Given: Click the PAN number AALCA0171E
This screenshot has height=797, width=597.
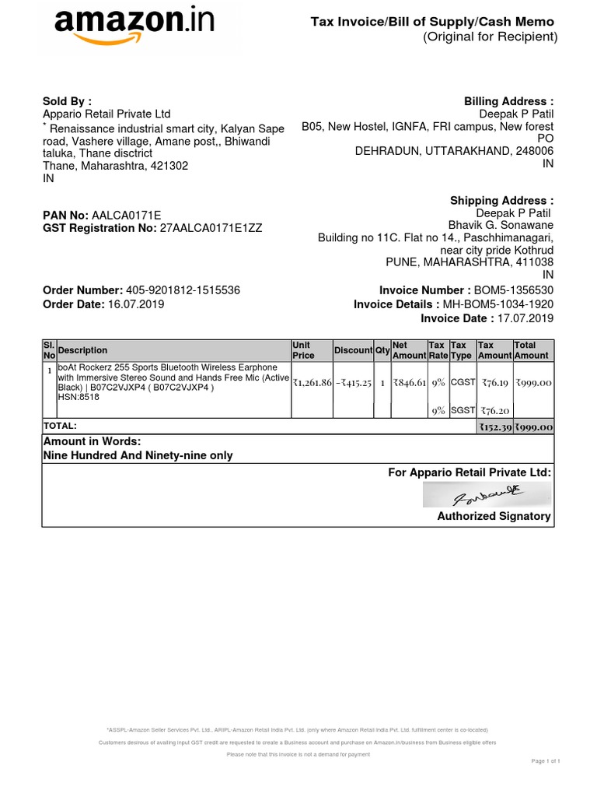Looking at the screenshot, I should click(127, 215).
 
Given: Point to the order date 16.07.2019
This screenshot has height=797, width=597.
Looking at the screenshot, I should click(136, 304).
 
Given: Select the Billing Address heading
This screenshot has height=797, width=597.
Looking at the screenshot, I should click(508, 101).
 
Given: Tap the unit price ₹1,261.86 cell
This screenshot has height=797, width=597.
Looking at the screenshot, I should click(312, 383).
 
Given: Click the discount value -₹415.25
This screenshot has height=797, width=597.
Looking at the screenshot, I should click(354, 383).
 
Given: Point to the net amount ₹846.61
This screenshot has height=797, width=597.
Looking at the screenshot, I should click(410, 383).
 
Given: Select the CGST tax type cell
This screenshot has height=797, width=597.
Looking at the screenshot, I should click(462, 382).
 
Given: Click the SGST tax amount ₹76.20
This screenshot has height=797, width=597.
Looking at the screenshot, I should click(494, 411).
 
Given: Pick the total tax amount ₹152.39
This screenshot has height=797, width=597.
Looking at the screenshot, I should click(494, 427).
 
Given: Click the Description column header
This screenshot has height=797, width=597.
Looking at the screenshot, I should click(83, 350).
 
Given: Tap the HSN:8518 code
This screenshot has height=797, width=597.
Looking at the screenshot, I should click(79, 397).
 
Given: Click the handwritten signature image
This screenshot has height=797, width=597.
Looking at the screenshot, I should click(487, 494).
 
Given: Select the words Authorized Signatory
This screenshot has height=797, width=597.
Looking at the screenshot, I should click(494, 516).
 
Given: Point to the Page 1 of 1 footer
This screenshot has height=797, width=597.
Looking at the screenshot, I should click(546, 760).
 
